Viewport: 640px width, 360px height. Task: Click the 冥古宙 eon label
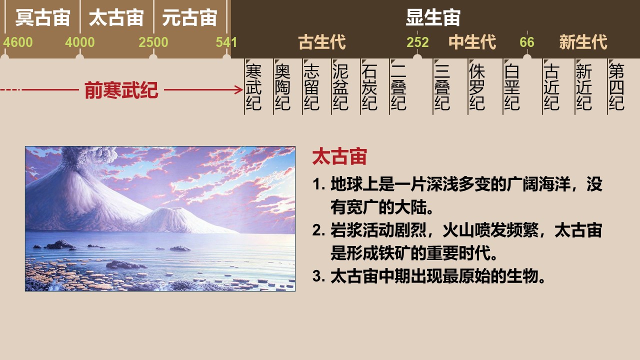coord(42,17)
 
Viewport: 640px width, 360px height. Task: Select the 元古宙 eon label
coord(189,17)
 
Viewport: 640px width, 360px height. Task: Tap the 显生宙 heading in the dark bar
coord(433,17)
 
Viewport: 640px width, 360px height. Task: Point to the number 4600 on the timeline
coord(18,42)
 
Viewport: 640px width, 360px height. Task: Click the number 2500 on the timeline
coord(153,42)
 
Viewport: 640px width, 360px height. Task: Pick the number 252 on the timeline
coord(417,42)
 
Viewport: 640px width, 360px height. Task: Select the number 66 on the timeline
coord(527,42)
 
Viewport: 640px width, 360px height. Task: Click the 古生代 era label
coord(322,42)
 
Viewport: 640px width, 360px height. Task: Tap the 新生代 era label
coord(583,42)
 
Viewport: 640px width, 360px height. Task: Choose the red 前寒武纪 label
coord(121,90)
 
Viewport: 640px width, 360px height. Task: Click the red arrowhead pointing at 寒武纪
coord(239,89)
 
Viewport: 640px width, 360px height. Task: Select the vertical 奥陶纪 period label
coord(282,87)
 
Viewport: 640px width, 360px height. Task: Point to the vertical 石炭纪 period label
coord(369,87)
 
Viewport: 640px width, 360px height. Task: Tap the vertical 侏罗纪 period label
coord(477,87)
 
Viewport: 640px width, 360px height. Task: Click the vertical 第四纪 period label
coord(616,87)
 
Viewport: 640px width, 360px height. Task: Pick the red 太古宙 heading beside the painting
coord(339,156)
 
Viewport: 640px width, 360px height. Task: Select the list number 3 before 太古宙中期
coord(317,276)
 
